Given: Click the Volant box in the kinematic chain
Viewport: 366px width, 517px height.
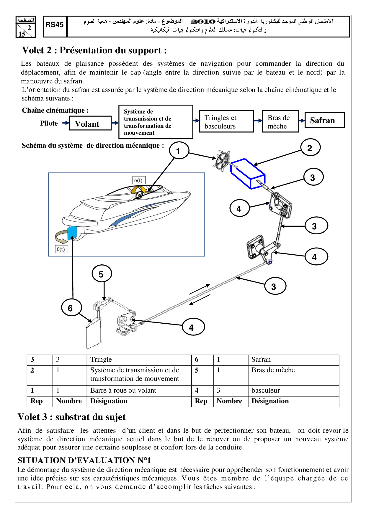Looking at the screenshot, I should pos(90,124).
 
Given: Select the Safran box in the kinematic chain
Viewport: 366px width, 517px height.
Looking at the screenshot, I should pos(324,120).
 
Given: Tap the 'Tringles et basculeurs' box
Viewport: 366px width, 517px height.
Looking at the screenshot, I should pos(226,121).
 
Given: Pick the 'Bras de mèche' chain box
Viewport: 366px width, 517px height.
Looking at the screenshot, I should pos(280,121).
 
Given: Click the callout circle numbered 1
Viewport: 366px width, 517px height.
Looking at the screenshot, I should pos(179,151).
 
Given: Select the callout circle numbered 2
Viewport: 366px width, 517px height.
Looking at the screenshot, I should pos(310,148).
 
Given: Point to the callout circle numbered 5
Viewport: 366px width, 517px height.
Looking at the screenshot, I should pos(101,274).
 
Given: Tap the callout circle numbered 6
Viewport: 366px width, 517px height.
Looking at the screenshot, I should pos(71,308).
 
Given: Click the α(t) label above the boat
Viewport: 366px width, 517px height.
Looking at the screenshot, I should pos(138,180).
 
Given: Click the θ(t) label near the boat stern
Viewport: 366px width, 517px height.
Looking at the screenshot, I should pos(61,249).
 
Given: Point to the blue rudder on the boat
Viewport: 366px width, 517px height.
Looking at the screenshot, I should pos(72,233).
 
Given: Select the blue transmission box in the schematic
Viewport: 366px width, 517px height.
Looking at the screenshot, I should pos(248,174).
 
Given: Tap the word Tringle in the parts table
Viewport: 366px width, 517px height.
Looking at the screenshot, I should pos(101,360).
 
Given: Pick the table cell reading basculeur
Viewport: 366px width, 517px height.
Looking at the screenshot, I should pos(265,391).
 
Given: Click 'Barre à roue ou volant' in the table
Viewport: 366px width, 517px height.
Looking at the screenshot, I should pos(123,391).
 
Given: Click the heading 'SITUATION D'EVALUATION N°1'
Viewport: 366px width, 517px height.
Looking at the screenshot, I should pos(84,460).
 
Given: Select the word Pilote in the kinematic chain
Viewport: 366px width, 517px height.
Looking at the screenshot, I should pos(49,123).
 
